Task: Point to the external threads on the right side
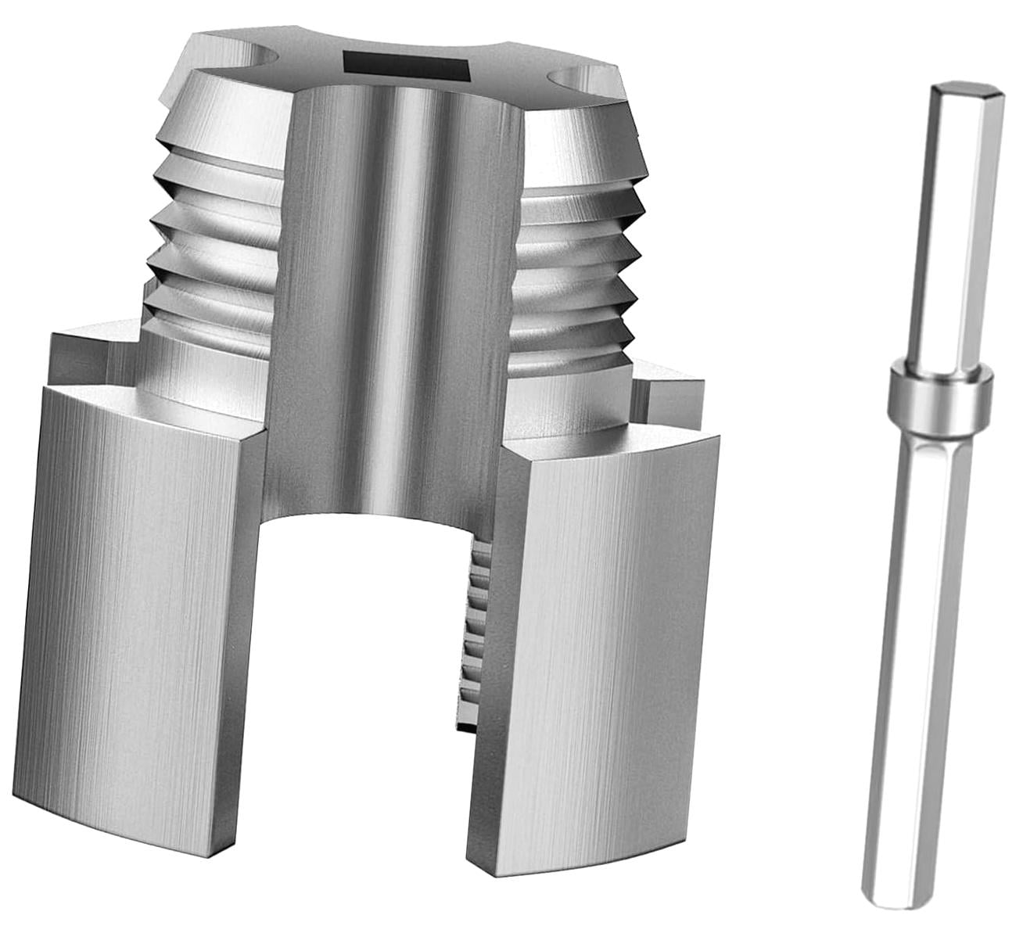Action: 579,258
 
